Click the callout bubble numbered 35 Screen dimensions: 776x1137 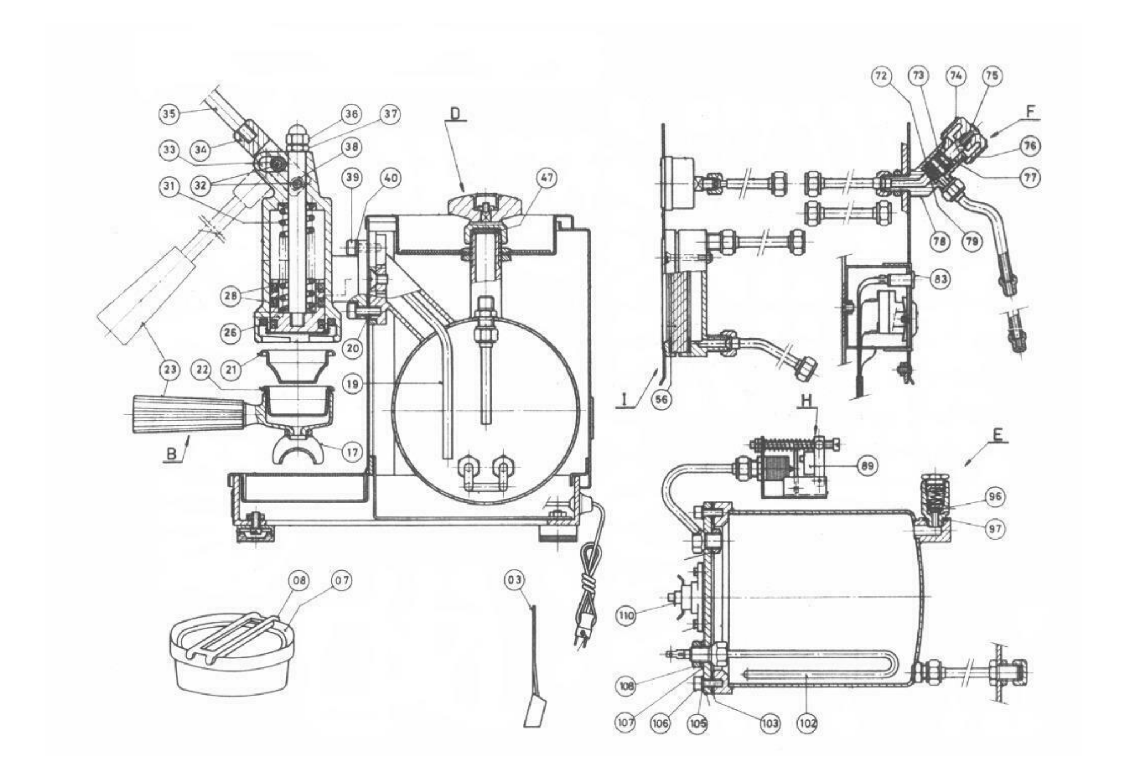pos(169,114)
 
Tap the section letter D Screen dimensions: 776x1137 pos(455,114)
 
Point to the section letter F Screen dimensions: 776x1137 pos(1030,112)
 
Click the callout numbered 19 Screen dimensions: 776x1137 pos(353,384)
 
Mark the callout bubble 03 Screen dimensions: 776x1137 pos(513,580)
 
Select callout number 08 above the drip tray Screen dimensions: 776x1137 pos(299,580)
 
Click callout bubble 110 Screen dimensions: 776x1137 pos(626,615)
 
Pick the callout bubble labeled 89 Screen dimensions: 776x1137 pos(867,465)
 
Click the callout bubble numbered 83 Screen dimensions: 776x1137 pos(940,280)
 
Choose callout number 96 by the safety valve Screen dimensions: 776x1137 pos(995,497)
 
